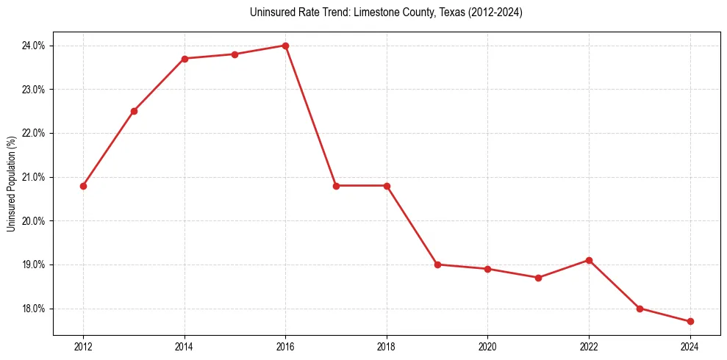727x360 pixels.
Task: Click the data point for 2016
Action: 285,46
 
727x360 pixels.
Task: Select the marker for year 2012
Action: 83,186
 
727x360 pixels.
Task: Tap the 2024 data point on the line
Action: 690,321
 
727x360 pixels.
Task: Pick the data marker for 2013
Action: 134,111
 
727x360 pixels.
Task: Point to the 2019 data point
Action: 437,264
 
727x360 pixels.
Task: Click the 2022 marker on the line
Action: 589,260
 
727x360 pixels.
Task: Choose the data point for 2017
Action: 336,186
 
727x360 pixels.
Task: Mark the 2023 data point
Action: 640,309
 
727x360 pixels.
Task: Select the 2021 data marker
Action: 538,278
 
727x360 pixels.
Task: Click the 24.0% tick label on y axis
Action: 34,46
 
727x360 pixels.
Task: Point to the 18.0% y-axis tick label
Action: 34,309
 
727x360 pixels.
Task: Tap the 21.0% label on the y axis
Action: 34,177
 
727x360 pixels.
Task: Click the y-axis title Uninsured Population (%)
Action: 11,184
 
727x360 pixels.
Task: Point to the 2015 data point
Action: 234,54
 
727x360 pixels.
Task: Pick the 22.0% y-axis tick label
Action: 34,133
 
